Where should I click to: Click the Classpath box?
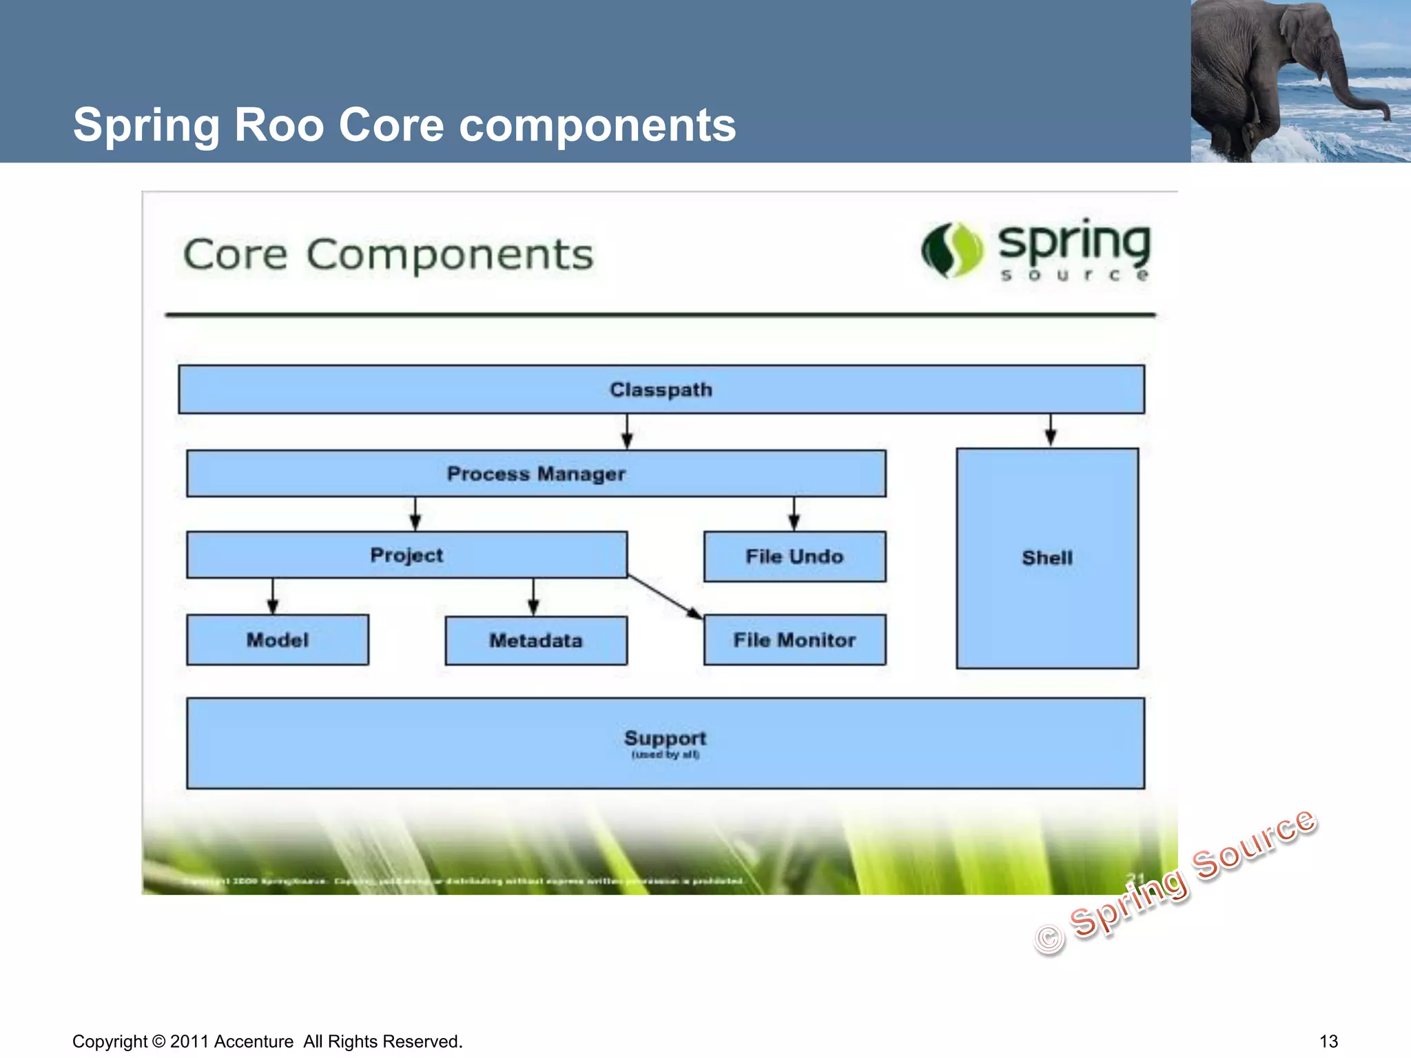point(661,390)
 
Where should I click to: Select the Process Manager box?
point(536,474)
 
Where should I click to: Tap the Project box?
point(406,555)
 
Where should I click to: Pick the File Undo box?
point(794,557)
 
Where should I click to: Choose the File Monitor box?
point(794,640)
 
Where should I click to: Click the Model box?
point(278,640)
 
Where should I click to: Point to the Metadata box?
point(536,641)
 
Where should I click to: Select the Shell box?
point(1047,558)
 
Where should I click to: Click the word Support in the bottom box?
point(665,738)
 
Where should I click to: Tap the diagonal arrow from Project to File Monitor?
point(665,597)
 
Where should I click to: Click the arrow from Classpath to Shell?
point(1050,431)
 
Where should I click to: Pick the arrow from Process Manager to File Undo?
point(794,514)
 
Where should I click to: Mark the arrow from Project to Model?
point(273,597)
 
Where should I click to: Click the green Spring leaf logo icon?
point(952,251)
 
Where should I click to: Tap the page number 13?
point(1328,1041)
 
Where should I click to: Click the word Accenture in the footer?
point(254,1041)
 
